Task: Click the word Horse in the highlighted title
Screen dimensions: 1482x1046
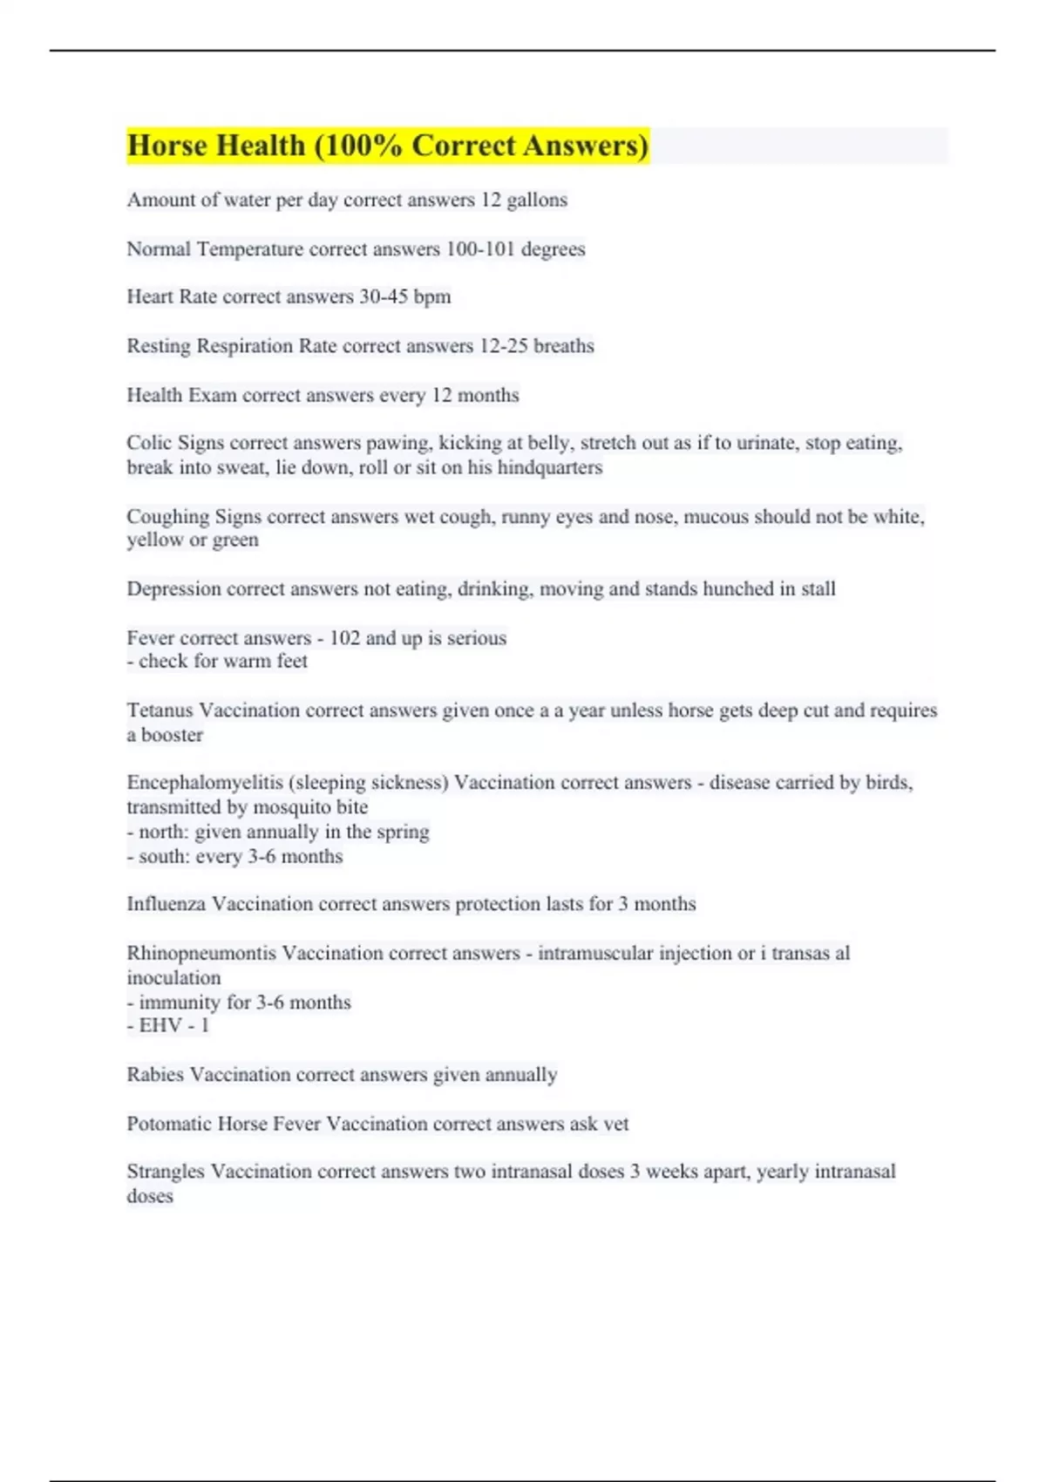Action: point(168,146)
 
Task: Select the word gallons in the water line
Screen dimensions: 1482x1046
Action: point(537,201)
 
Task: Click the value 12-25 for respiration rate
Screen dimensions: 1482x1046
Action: point(504,346)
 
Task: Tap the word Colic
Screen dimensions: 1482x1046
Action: point(149,443)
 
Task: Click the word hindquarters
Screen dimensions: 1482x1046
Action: point(550,467)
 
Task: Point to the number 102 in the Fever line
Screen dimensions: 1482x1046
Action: point(344,638)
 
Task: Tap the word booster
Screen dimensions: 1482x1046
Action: point(172,735)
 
